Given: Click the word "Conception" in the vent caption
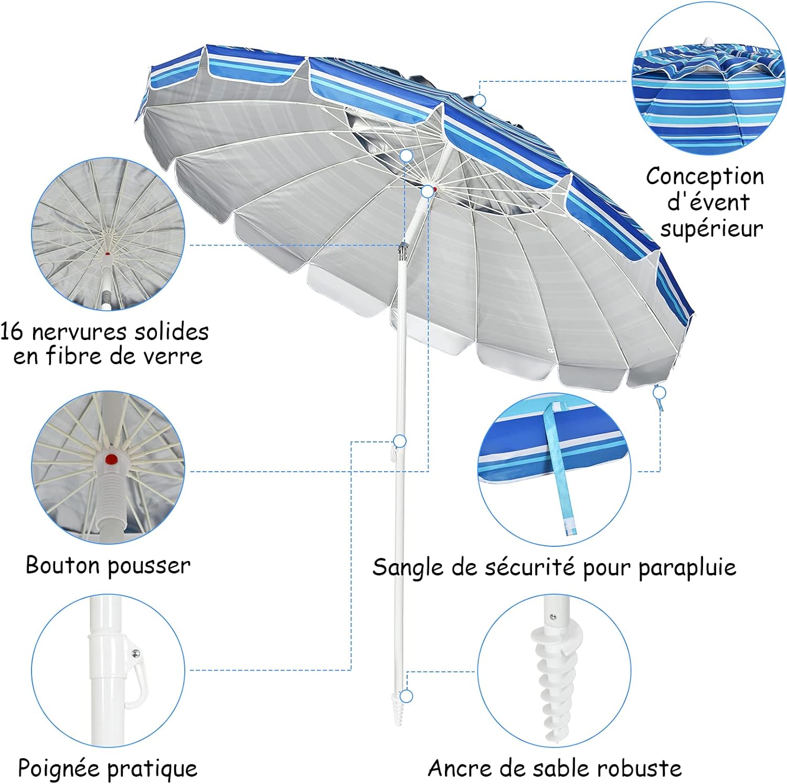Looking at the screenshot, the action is [705, 177].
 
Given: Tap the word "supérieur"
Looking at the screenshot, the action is [711, 229].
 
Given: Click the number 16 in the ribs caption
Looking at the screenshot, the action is [12, 332].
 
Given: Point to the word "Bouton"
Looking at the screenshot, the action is [62, 566].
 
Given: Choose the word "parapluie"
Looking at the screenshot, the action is [687, 568].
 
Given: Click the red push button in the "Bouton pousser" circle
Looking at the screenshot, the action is [111, 460].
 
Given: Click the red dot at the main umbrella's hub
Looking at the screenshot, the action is [435, 188].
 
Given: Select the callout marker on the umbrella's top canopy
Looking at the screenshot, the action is [479, 100].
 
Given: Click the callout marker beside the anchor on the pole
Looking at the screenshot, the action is [407, 696].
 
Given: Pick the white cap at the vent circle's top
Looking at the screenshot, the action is [707, 42].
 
